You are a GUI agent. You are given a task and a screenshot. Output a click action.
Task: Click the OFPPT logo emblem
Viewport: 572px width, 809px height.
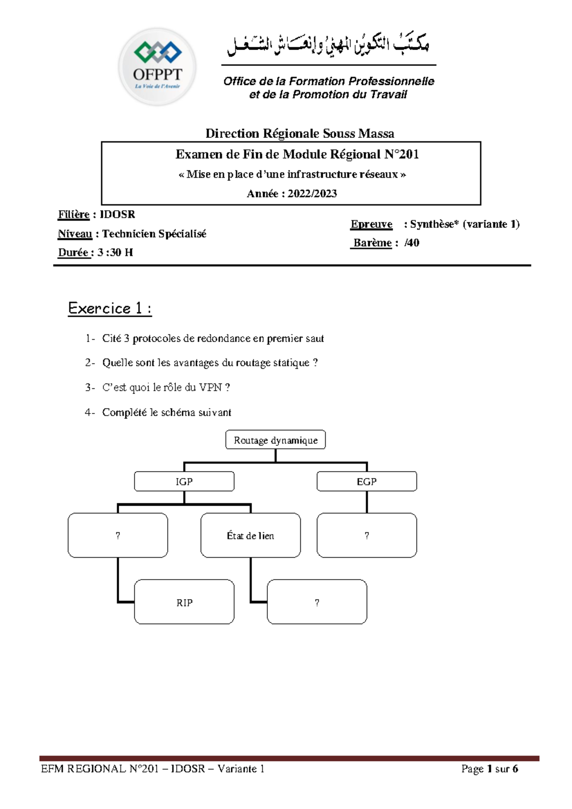pos(157,67)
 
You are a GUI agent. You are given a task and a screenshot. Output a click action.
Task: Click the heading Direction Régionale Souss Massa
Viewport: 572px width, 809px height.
pos(299,134)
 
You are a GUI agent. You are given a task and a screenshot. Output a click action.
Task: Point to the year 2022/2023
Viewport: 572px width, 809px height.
pos(312,194)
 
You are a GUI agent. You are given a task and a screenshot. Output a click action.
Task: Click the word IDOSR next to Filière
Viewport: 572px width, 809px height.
pos(117,214)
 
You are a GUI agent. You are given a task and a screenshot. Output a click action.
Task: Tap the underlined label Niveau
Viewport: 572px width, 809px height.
pos(75,234)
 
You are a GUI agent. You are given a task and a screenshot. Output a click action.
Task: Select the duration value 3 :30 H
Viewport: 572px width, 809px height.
pos(115,252)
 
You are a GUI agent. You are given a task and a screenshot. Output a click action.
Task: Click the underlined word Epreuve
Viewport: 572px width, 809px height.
pos(371,224)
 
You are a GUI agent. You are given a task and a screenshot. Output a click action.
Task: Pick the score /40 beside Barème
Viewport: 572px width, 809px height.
pos(412,243)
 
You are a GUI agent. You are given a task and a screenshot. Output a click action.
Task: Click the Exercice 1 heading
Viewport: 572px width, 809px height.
pos(110,309)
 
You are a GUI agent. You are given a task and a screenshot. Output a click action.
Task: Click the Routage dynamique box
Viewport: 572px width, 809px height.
pos(276,440)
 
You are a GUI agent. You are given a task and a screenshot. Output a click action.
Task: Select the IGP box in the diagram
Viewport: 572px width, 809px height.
pos(184,481)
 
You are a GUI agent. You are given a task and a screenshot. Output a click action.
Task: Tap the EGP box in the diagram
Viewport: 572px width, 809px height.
pos(367,481)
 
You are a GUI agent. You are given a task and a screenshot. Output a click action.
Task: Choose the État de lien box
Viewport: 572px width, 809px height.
pos(250,535)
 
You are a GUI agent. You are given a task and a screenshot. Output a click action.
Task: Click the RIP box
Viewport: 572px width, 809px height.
pos(184,602)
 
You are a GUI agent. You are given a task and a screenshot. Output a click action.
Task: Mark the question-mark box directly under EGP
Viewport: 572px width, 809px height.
pos(367,535)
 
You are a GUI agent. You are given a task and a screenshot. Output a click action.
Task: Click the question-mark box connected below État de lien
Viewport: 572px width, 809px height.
pos(317,602)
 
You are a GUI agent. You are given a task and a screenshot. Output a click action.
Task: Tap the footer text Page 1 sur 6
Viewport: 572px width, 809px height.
pos(490,768)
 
